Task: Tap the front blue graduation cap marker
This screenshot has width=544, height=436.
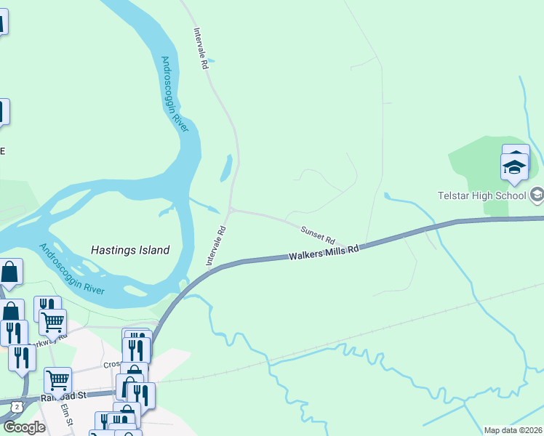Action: point(514,168)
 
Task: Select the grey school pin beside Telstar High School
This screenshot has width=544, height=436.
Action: point(537,195)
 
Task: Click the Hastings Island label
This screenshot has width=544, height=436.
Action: point(130,250)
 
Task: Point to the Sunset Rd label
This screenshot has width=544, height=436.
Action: point(318,235)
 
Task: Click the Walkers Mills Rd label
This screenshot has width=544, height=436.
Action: point(324,253)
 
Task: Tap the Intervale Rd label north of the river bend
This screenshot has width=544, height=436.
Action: point(201,49)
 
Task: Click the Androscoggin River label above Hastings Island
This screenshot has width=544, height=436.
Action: point(175,94)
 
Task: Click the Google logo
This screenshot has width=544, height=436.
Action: point(24,427)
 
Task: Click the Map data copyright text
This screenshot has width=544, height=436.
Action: point(513,430)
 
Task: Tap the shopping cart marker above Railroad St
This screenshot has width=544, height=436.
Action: point(57,379)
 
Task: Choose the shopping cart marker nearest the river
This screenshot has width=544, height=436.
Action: point(52,321)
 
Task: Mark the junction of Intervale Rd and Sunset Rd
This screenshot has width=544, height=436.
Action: point(231,210)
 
